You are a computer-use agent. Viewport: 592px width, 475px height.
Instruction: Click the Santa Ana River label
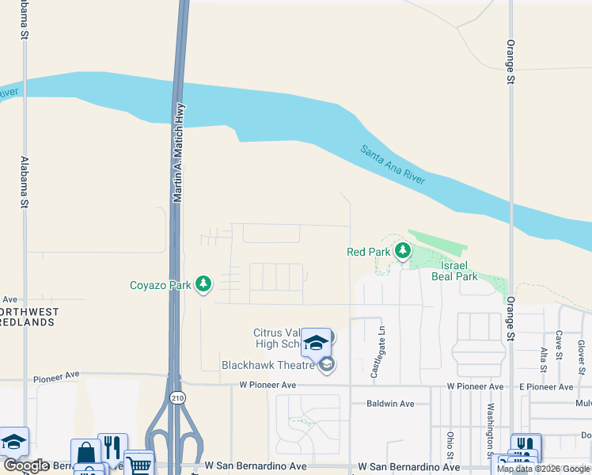tap(393, 165)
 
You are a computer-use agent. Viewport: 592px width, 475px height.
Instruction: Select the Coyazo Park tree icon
tap(204, 284)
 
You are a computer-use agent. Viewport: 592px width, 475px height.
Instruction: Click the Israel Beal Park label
tap(454, 271)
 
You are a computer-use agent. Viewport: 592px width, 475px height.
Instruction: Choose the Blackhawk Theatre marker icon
tap(327, 364)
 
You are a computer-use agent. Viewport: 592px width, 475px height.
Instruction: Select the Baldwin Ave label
tap(391, 404)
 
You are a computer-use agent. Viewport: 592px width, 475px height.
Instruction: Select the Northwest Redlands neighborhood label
tap(27, 317)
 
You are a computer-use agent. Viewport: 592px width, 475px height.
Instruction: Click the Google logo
tap(26, 466)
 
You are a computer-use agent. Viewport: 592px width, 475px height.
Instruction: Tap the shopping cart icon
tap(139, 463)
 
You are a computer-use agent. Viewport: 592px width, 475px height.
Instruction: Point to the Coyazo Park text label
tap(161, 285)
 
